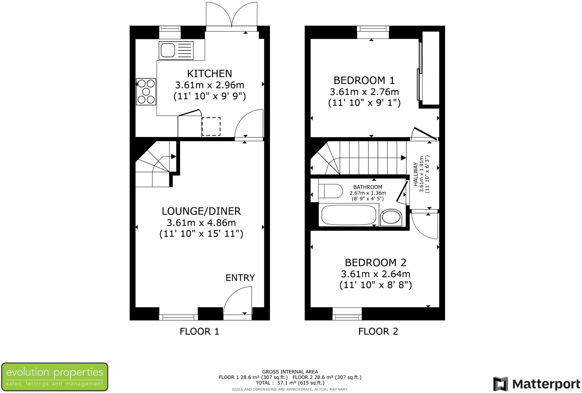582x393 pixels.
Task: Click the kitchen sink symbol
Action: pos(176,51)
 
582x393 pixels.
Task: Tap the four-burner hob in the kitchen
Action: pos(146,92)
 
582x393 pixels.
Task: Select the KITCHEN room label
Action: pos(209,73)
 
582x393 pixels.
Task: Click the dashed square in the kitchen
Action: pos(211,127)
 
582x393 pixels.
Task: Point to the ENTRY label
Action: pos(240,278)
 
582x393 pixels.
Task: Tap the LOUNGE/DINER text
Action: pos(201,211)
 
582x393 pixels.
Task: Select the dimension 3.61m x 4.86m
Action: pos(201,223)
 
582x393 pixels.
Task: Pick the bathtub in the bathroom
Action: pos(349,215)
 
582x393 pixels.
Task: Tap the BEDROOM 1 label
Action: pos(364,80)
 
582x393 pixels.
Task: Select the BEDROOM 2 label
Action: pos(375,262)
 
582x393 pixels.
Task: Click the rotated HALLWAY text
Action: pos(416,174)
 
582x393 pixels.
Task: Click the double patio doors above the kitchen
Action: pos(232,15)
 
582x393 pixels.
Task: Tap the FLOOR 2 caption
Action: pos(378,331)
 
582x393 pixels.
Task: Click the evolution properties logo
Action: pos(55,377)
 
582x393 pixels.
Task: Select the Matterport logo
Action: pos(536,384)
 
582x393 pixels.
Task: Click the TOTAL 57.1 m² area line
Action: pos(290,383)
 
